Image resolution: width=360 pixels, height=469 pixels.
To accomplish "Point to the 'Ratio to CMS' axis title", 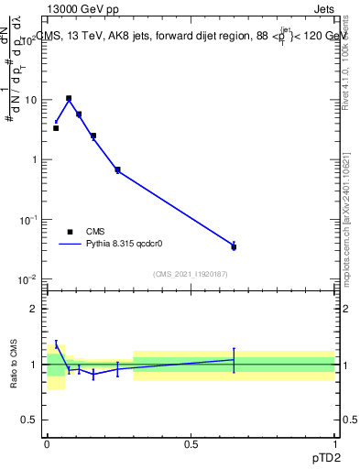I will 15,365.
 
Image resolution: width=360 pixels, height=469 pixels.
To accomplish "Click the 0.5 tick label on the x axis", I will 191,443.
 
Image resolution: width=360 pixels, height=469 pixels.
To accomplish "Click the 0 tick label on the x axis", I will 47,443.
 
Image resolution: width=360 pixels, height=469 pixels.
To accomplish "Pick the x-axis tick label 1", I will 334,443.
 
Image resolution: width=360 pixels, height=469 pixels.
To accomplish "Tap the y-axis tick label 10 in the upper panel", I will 29,100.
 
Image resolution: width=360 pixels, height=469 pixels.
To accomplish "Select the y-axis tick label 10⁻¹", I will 27,219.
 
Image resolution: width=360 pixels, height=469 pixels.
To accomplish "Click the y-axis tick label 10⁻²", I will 27,278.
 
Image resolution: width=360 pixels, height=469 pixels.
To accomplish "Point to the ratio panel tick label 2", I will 35,309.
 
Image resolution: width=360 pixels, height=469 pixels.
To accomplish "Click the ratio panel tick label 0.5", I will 30,420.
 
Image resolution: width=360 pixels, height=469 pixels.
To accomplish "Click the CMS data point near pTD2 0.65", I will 234,247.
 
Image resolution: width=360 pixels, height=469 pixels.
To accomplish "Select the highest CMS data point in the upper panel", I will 68,98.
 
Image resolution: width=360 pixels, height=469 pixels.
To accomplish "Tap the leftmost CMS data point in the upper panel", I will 56,128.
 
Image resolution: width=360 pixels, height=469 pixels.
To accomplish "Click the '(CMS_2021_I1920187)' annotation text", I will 191,273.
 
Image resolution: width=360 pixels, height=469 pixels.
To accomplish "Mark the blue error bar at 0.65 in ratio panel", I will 234,360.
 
